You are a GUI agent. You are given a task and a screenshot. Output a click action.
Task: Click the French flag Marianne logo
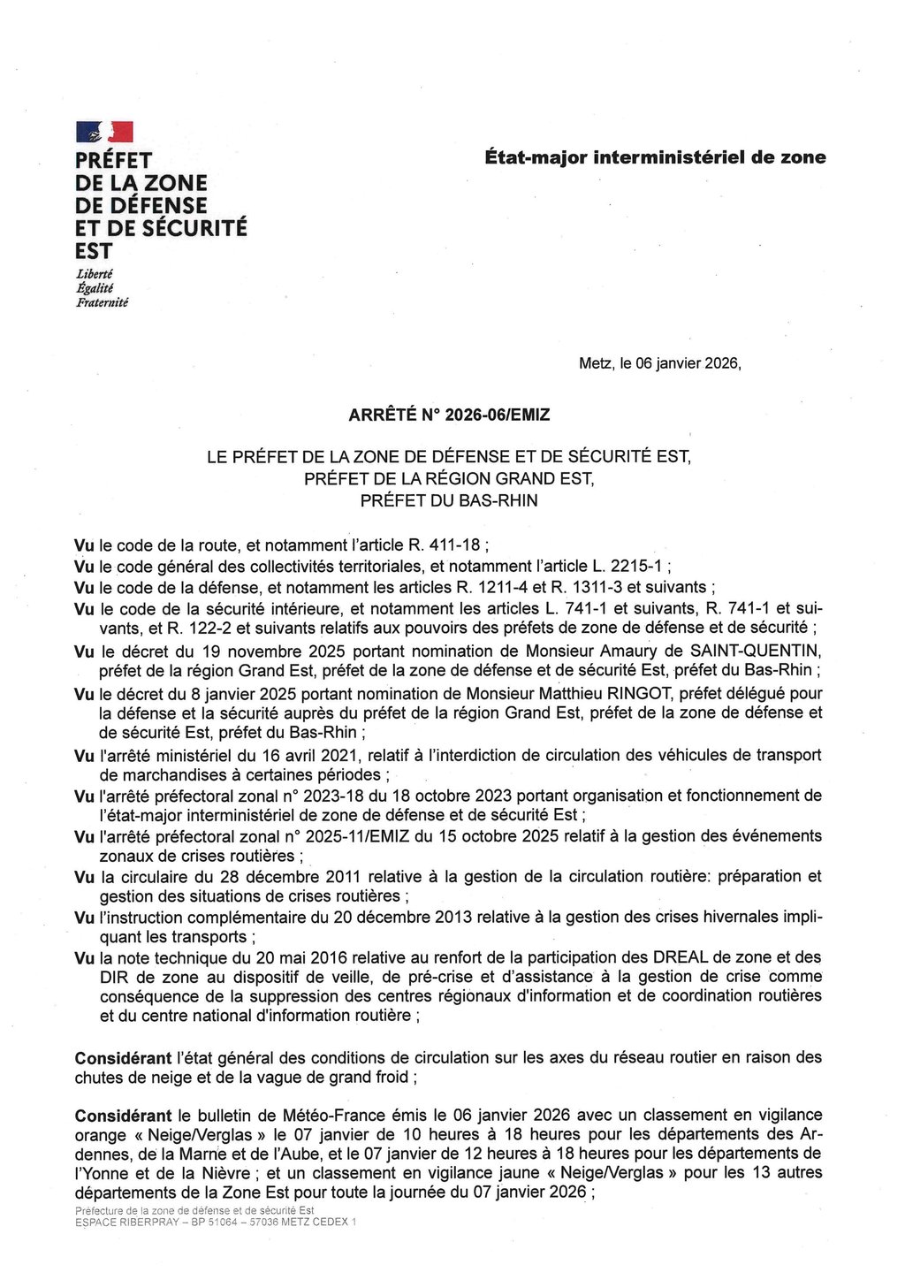pyautogui.click(x=104, y=133)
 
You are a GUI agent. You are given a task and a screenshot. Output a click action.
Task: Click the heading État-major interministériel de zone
pyautogui.click(x=655, y=157)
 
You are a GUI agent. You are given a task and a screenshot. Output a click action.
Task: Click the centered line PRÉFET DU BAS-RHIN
pyautogui.click(x=448, y=501)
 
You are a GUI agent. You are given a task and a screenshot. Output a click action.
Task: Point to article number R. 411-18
pyautogui.click(x=438, y=545)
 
